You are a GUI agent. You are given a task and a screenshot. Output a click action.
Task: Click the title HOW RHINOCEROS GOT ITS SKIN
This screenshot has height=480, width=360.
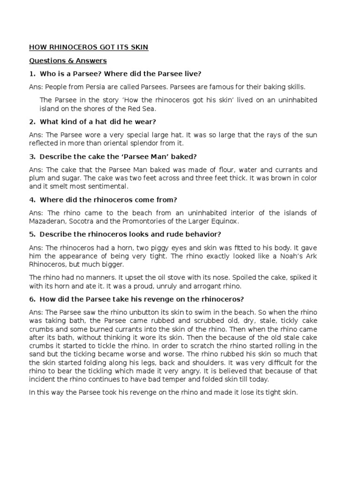click(x=89, y=47)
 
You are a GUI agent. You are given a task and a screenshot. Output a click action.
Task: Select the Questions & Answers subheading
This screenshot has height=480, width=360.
click(x=68, y=61)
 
